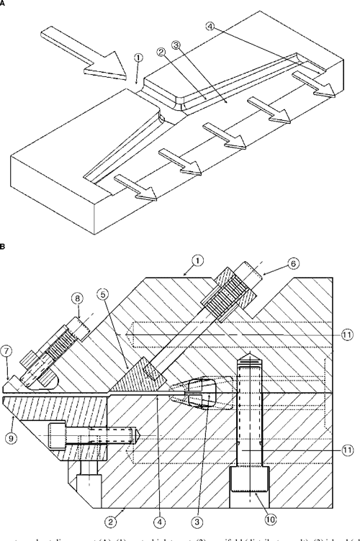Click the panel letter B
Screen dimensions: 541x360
click(x=4, y=247)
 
